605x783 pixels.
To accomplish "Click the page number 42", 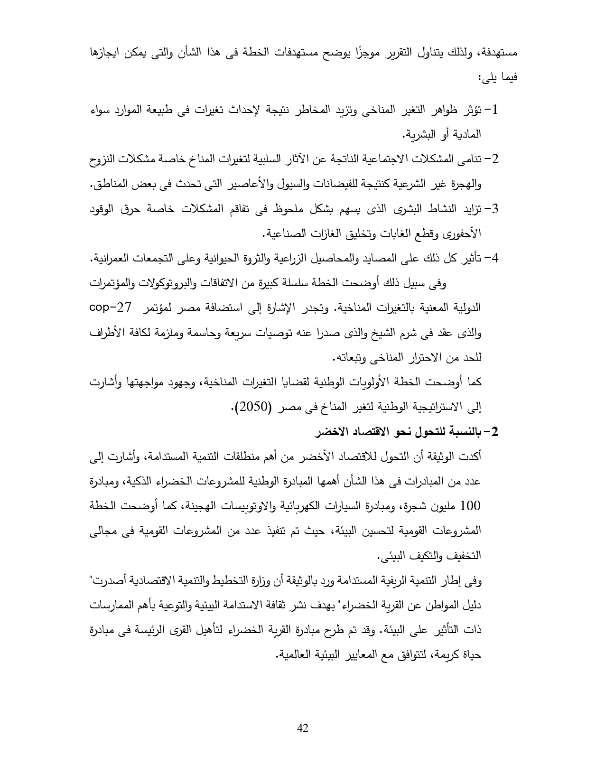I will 302,727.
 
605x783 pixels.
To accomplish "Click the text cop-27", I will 498,307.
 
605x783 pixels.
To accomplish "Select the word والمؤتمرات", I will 111,283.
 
